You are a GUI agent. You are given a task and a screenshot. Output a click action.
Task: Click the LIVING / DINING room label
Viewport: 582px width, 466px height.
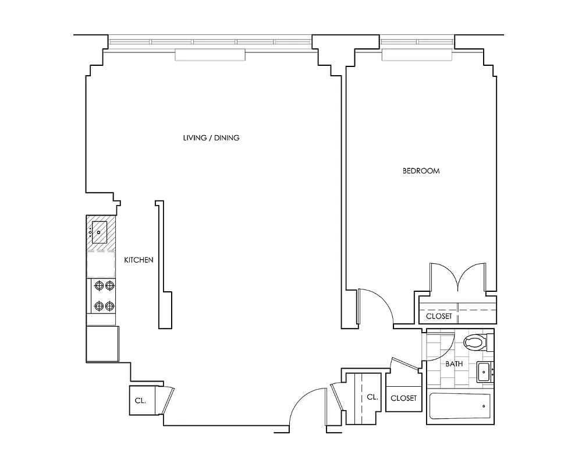tap(211, 138)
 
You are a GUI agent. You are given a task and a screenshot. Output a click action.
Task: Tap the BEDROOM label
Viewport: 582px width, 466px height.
tap(421, 171)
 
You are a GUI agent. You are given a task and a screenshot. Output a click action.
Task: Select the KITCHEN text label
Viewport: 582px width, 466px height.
tap(139, 260)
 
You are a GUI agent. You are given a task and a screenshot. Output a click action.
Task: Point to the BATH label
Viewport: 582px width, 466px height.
tap(454, 364)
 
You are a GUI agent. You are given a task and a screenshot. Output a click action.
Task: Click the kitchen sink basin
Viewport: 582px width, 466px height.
tap(100, 231)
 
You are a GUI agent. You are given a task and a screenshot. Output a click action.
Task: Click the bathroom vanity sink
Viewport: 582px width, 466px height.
tap(484, 372)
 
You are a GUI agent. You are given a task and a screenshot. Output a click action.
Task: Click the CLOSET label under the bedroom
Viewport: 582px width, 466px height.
tap(439, 316)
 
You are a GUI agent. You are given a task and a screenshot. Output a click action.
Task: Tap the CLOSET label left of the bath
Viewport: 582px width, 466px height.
tap(403, 398)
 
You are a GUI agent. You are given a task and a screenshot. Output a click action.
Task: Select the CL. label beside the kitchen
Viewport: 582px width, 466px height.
tap(140, 401)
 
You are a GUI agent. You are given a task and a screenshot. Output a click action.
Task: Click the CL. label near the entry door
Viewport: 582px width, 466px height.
tap(372, 397)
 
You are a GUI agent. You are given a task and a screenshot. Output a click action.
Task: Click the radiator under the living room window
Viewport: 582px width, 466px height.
tap(210, 55)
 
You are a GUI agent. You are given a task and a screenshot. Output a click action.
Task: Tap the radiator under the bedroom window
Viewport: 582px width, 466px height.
tap(416, 55)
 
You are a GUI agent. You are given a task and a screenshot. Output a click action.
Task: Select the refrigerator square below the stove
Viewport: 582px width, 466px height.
tap(102, 344)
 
